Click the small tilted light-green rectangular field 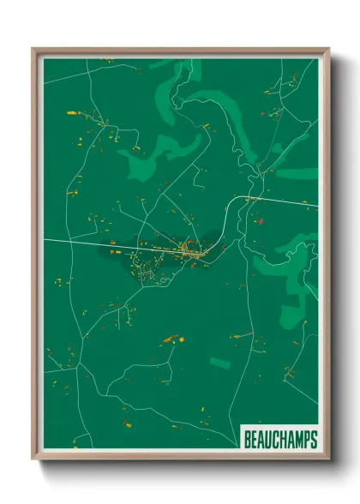click(x=219, y=363)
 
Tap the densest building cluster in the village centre click(x=193, y=251)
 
